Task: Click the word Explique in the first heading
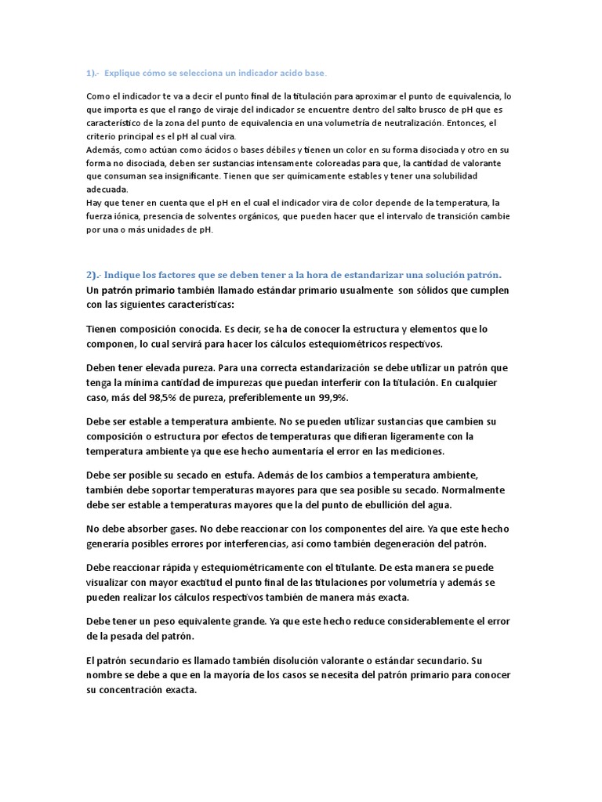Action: click(x=124, y=73)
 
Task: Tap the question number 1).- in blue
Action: click(x=92, y=73)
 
